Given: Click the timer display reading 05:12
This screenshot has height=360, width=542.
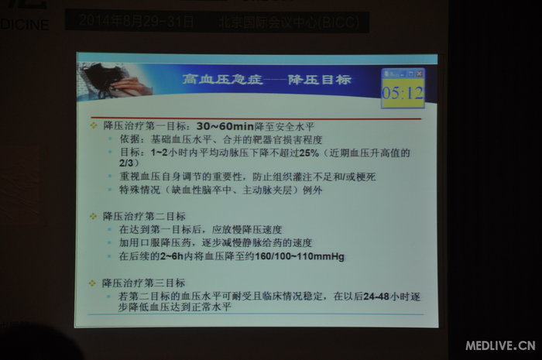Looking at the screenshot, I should click(402, 94).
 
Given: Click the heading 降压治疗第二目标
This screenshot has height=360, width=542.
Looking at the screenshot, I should click(143, 216).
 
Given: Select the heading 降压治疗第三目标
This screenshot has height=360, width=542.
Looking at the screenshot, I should click(143, 283).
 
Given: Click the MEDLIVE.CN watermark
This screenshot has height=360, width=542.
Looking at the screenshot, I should click(500, 344).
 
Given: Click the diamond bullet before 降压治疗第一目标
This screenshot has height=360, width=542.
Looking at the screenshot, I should click(94, 125).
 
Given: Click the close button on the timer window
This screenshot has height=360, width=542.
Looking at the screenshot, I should click(420, 73).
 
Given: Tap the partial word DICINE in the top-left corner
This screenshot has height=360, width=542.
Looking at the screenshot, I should click(24, 24).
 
